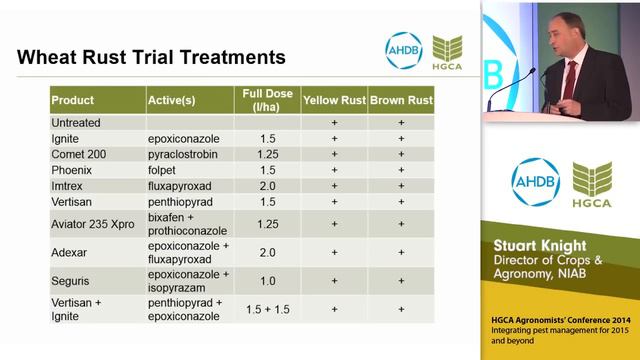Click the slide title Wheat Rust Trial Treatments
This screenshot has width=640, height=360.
tap(151, 56)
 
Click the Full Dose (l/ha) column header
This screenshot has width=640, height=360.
tap(267, 100)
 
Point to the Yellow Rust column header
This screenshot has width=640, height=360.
tap(334, 101)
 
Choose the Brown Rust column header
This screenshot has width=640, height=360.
tap(401, 101)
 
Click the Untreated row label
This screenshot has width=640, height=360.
tap(77, 122)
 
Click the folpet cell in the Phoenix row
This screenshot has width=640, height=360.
tap(163, 170)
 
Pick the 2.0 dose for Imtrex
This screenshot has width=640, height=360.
tap(267, 185)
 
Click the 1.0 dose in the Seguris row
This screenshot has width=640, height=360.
tap(267, 281)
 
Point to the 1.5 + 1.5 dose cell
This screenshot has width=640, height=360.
tap(267, 310)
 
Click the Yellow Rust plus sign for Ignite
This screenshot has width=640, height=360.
tap(334, 138)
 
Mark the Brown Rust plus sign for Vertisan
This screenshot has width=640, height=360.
tap(401, 201)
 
